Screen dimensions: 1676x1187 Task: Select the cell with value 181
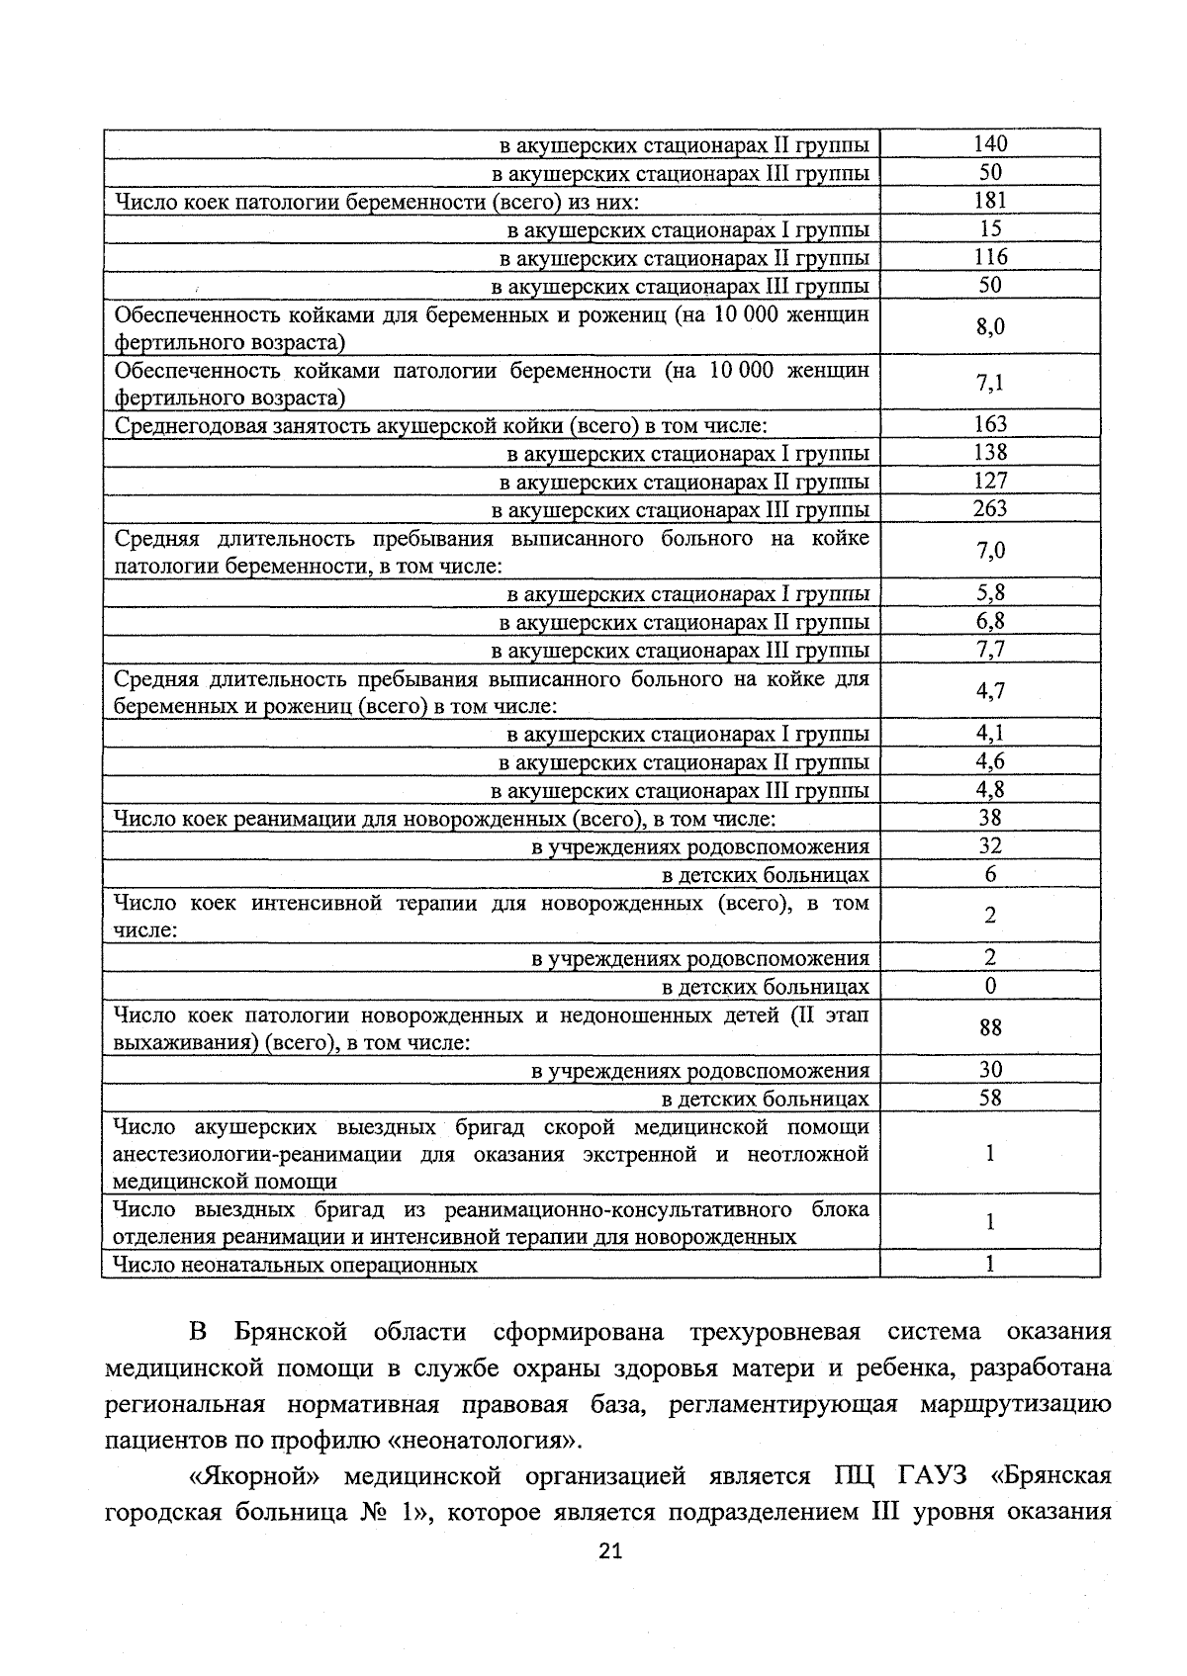point(989,201)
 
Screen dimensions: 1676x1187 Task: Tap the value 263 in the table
point(989,509)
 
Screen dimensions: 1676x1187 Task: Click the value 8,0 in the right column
point(989,327)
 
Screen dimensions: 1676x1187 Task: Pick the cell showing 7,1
point(989,384)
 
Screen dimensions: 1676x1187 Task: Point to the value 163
point(989,425)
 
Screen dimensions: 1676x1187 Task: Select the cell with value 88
point(989,1028)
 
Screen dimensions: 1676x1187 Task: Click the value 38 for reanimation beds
point(989,818)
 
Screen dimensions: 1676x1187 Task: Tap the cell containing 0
point(989,987)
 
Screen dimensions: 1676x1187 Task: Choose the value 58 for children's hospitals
point(989,1099)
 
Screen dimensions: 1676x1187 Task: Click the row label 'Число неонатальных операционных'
point(295,1265)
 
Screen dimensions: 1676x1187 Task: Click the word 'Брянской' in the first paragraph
point(291,1332)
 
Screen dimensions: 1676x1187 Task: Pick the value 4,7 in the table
point(989,691)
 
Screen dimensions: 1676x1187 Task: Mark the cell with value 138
point(989,453)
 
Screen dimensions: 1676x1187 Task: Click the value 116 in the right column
point(989,257)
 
